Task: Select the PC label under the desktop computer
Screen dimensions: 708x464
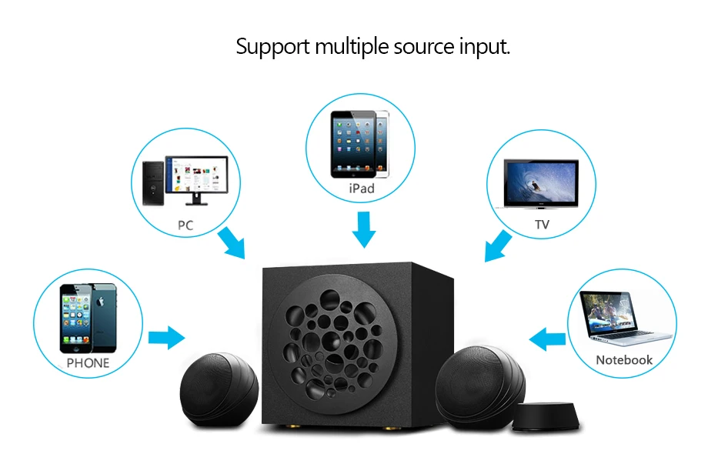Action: [x=185, y=225]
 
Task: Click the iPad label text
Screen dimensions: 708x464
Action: [x=362, y=189]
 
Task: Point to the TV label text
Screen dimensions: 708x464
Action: [x=542, y=225]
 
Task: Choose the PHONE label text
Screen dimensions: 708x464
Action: [x=88, y=363]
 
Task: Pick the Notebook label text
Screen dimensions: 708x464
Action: [x=624, y=360]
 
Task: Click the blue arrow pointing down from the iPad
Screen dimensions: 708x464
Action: [x=363, y=229]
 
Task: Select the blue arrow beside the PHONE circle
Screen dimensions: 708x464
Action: [x=167, y=337]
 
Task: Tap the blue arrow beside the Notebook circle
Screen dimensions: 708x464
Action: [x=547, y=339]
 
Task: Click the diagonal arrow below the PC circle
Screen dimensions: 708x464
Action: [x=232, y=243]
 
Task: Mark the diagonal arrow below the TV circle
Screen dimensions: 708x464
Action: [x=498, y=246]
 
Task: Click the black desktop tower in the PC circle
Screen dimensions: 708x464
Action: [x=153, y=183]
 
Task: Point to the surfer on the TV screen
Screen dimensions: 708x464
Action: [x=535, y=185]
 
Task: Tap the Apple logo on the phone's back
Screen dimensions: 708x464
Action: [x=100, y=302]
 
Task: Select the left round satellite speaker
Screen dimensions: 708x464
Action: [x=219, y=390]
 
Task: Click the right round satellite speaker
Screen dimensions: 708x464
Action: [x=480, y=387]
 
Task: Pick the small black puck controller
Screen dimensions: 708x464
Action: [x=546, y=416]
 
